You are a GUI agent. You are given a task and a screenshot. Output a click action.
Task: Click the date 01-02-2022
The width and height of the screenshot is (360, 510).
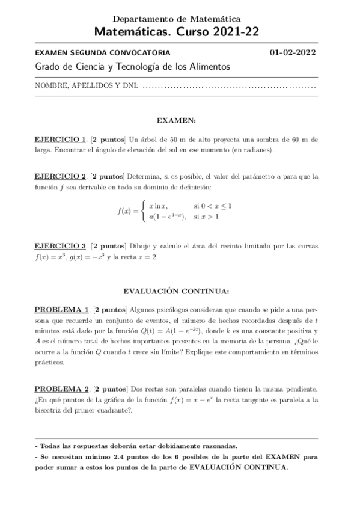[294, 52]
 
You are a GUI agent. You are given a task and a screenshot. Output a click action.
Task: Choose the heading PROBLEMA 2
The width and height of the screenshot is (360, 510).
[62, 389]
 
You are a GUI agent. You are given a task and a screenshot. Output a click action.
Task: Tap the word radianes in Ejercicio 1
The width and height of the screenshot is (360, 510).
[255, 150]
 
